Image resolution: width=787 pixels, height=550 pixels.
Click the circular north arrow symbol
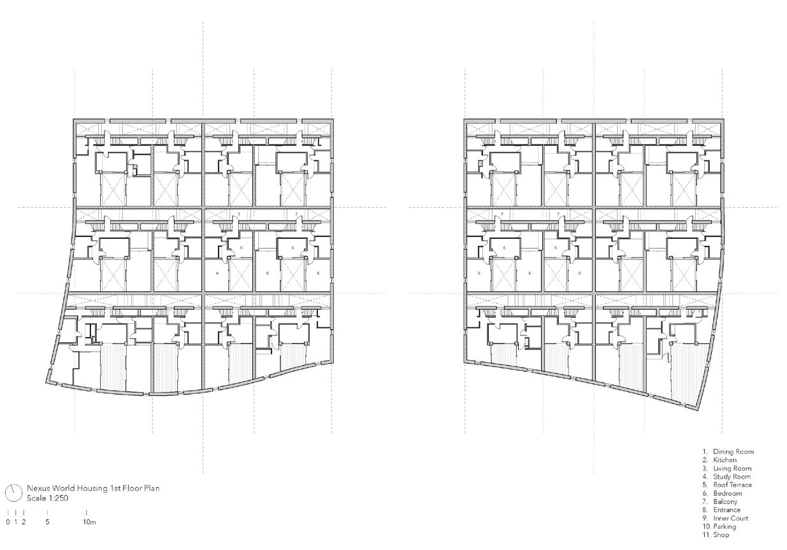pos(13,493)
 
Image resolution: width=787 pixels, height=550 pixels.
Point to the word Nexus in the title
pos(36,489)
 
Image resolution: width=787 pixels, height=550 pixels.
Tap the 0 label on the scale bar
pos(8,522)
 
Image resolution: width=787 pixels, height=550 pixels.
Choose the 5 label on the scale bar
pos(47,522)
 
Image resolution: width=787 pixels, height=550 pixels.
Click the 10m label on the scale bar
pos(89,522)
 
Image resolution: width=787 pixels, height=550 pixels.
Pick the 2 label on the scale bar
pos(24,522)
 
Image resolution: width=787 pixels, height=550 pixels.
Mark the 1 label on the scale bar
pos(16,522)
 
